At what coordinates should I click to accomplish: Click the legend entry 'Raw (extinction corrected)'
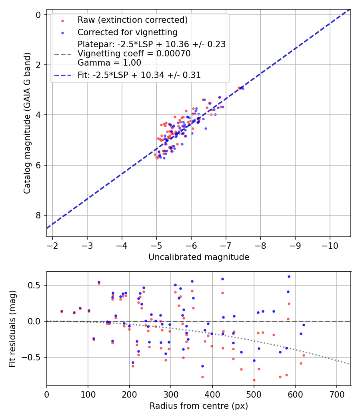132,20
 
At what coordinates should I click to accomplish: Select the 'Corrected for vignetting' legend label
128,32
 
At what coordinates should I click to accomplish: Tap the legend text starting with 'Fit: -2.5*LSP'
139,75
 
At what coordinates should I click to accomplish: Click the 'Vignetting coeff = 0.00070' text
134,54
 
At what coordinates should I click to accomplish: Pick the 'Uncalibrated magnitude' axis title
199,257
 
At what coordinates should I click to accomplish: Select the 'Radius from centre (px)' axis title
199,406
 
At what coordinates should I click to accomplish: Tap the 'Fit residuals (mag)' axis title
12,329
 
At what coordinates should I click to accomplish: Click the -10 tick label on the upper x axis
330,245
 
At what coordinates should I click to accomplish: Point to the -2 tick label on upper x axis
52,245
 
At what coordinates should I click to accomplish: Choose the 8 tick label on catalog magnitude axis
38,216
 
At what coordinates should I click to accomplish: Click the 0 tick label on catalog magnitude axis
38,15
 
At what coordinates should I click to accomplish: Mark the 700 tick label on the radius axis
336,394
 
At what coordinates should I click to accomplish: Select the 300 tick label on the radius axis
171,394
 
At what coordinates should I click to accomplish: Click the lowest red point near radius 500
254,380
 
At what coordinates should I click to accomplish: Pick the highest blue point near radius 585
289,276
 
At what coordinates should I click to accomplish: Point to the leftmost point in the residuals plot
62,311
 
